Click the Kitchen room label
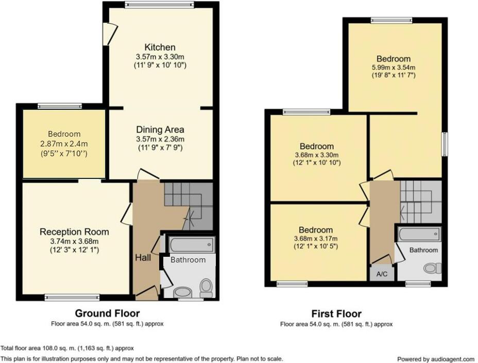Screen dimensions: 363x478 160,47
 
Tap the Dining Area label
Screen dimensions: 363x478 160,130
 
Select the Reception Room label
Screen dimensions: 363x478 74,232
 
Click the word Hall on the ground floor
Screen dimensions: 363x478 143,257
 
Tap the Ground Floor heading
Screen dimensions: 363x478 107,313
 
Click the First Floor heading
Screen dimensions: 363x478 336,313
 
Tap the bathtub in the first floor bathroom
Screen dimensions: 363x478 419,235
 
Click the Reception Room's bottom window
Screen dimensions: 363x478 72,297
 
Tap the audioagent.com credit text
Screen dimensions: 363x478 436,359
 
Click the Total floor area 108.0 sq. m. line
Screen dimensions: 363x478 67,348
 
